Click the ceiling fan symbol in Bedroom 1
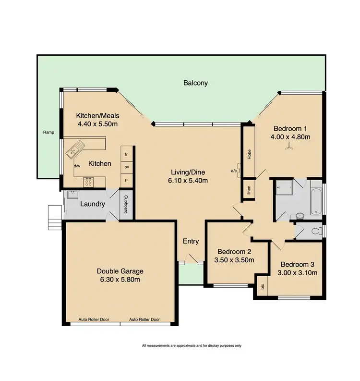click(288, 149)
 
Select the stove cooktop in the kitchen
click(88, 182)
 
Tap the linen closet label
click(249, 189)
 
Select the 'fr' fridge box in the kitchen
click(126, 154)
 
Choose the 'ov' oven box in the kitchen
click(126, 167)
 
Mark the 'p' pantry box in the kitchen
click(126, 180)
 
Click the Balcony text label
click(195, 83)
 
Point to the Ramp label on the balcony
click(48, 133)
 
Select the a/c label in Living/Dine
click(234, 171)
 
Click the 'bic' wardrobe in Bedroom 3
click(262, 287)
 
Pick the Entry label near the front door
click(191, 242)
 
